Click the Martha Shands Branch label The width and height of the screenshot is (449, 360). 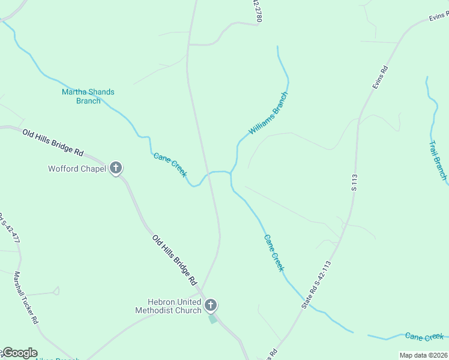88,96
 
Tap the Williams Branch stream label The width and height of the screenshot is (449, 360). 269,113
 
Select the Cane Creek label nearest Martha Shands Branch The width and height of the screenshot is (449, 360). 170,164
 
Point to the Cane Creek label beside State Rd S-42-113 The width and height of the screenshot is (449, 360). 273,252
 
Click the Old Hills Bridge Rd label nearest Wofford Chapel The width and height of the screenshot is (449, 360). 53,142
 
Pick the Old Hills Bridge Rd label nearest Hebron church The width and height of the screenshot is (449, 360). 175,260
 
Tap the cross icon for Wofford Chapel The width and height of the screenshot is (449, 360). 116,169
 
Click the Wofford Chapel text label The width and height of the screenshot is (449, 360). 77,169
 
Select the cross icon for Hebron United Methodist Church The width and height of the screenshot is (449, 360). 210,305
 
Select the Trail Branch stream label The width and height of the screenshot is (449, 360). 438,160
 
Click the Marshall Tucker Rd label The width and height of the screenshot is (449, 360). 26,298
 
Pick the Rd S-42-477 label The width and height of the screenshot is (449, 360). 9,228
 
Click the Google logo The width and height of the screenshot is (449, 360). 20,353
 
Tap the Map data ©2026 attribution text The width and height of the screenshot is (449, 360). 423,355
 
